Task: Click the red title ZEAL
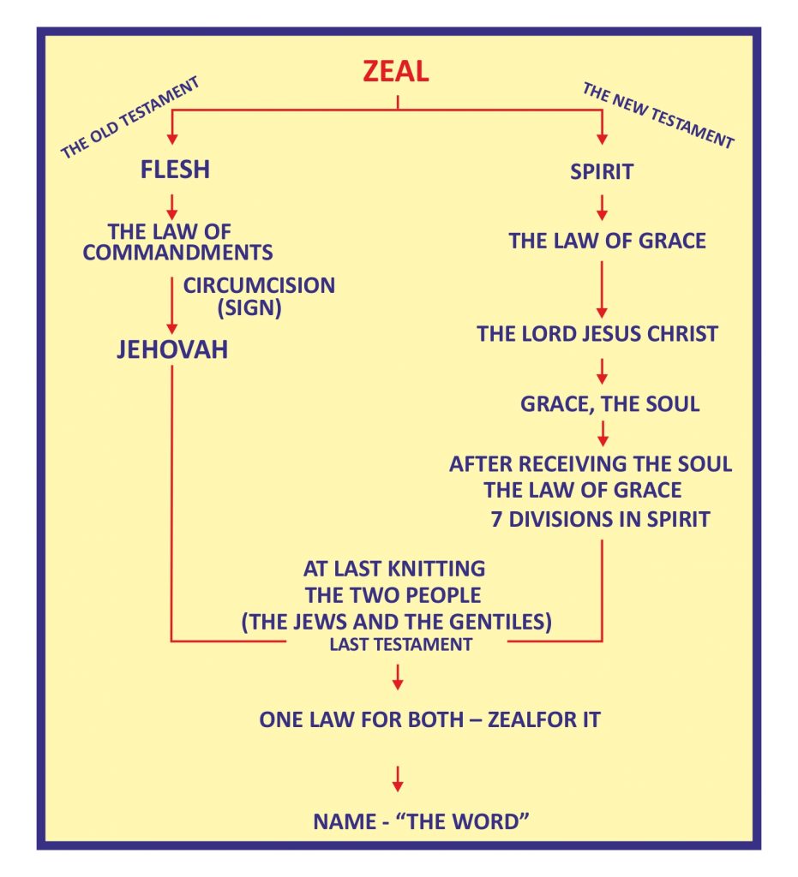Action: (395, 71)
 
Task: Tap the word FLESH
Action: (175, 170)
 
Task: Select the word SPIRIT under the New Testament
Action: (602, 171)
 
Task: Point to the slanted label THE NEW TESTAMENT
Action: (657, 115)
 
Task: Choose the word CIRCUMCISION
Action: (259, 285)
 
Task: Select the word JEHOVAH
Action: (172, 349)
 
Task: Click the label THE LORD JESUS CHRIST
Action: (597, 333)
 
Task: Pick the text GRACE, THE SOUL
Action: (609, 403)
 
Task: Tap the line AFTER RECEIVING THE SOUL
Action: (591, 464)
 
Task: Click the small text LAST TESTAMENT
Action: (400, 645)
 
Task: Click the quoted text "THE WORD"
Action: (474, 822)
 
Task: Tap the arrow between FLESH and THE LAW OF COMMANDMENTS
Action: (172, 206)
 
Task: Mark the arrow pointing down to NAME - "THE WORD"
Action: (397, 778)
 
